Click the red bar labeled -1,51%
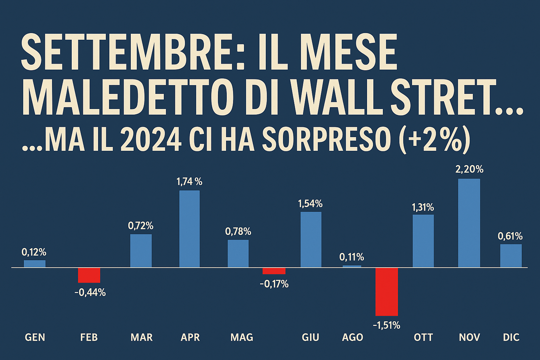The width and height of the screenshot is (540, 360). [386, 292]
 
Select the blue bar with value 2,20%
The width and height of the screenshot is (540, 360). [469, 223]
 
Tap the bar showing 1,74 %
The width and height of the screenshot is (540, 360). [189, 229]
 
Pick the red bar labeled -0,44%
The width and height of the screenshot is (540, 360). [89, 275]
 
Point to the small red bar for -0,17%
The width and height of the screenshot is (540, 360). [274, 271]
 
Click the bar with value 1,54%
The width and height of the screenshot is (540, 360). [311, 239]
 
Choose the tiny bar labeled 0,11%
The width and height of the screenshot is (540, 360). [352, 266]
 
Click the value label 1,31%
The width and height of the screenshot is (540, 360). [423, 207]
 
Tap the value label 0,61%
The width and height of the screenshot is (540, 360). [510, 236]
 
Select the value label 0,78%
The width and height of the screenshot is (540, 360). [238, 231]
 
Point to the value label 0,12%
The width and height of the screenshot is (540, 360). [34, 252]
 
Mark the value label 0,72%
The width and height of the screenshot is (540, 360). [141, 226]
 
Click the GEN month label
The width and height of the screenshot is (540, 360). [35, 337]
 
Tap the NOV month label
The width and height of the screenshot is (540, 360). [469, 337]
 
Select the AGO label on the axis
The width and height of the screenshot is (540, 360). [352, 337]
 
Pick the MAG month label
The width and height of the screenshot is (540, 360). [242, 337]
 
